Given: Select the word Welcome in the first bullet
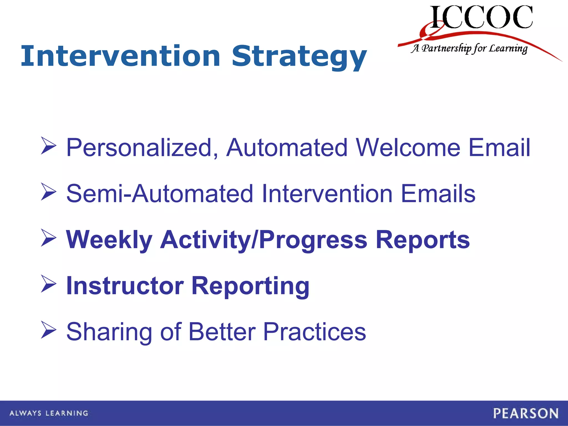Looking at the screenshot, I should (408, 148).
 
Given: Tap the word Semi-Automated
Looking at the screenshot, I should (160, 194).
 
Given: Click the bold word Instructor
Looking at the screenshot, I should (125, 286).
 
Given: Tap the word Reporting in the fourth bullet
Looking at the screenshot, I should (250, 286).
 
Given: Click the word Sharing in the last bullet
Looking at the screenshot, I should (109, 332).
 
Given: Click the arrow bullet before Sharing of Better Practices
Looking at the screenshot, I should (49, 330).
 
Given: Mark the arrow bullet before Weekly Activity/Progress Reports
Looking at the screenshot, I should (49, 238).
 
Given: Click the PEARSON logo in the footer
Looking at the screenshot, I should (526, 414).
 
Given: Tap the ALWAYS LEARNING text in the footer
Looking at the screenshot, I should (49, 413).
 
